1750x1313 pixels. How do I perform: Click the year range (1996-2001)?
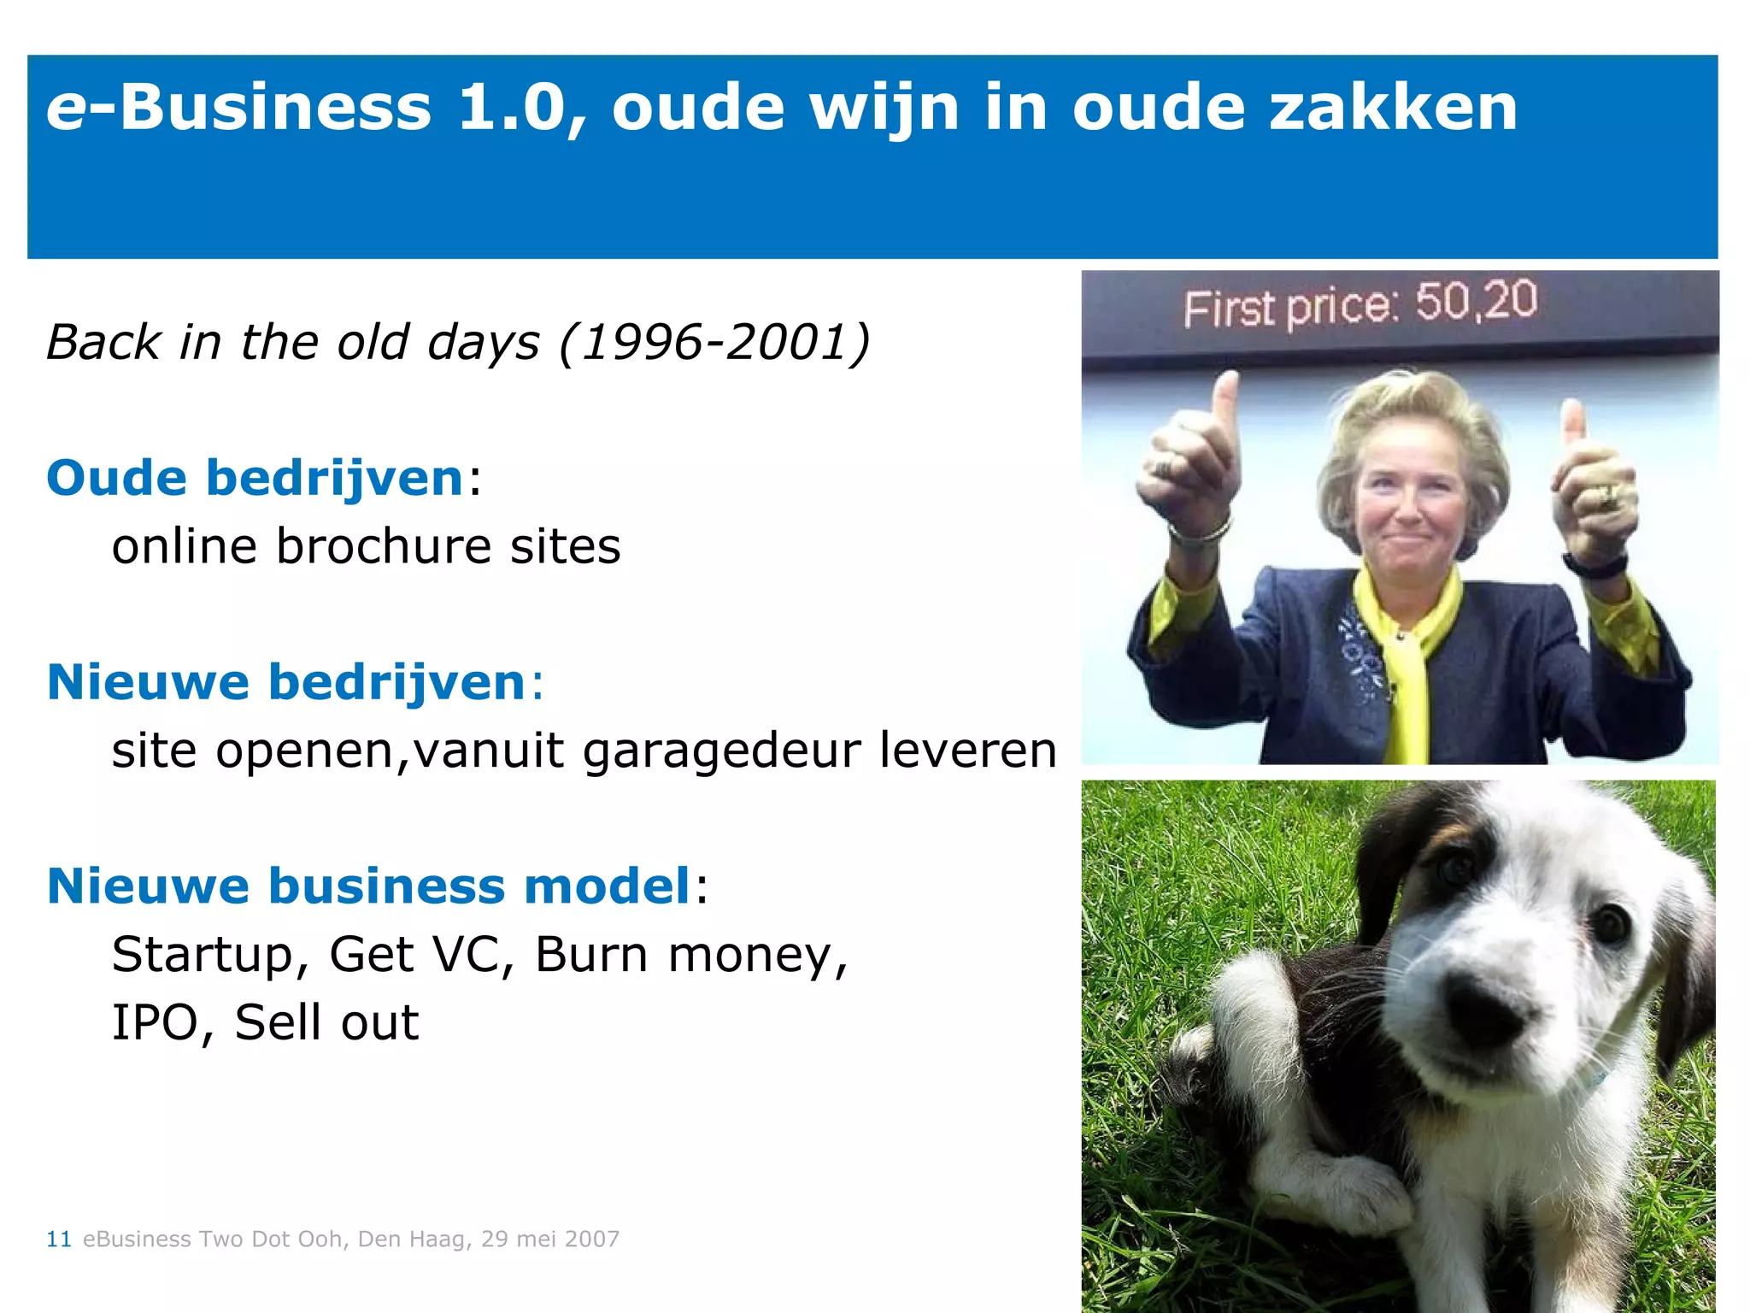click(714, 342)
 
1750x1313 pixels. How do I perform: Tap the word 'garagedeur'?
click(720, 750)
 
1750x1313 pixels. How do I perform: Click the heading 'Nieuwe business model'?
click(368, 886)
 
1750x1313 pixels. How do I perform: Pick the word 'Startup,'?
click(210, 954)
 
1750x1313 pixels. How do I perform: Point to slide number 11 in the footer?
click(58, 1239)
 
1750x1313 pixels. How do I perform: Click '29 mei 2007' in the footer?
click(549, 1239)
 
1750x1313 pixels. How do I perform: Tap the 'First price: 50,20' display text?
click(1359, 304)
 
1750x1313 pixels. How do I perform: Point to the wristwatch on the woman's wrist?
click(1594, 564)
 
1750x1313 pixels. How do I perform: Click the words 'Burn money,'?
click(691, 954)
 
